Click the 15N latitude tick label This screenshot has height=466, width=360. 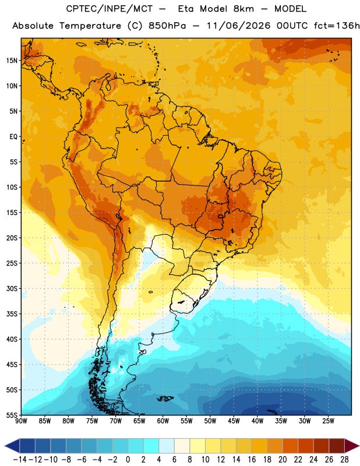coord(12,61)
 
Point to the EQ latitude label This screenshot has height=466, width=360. coord(13,137)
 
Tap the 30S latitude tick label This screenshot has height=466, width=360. coord(12,288)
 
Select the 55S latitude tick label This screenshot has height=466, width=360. coord(12,415)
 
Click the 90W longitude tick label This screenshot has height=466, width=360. coord(21,421)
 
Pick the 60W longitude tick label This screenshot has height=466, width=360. coord(163,421)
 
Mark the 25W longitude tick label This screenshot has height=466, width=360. coord(328,421)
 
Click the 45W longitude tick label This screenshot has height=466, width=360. coord(234,421)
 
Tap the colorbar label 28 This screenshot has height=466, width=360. coord(344,460)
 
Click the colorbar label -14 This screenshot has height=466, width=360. coord(20,460)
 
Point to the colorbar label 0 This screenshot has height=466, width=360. coord(128,460)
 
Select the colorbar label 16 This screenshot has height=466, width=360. coord(252,460)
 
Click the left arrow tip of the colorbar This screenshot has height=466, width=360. coord(5,446)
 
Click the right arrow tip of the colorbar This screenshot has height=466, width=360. coord(359,446)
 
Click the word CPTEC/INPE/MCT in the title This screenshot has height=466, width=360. coord(110,9)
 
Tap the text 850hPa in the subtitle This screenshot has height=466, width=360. coord(167,26)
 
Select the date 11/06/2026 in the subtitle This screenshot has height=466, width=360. coord(238,26)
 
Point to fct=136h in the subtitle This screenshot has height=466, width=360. coord(337,26)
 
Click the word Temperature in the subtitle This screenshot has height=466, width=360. coord(90,26)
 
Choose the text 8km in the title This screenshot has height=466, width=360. coord(243,9)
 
